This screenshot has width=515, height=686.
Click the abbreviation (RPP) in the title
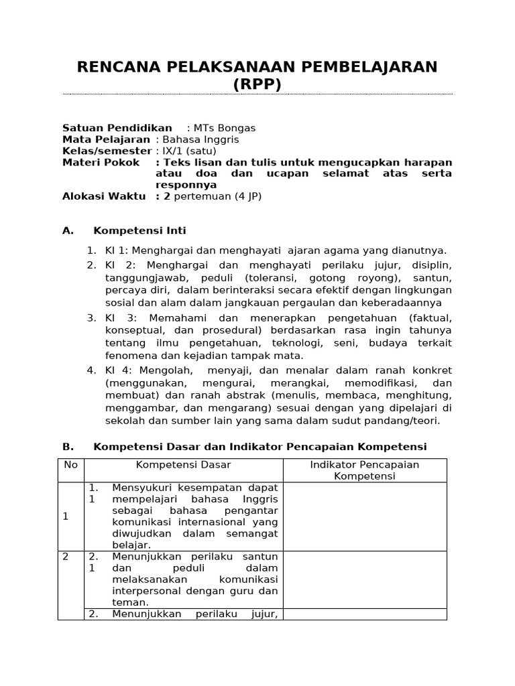pyautogui.click(x=257, y=84)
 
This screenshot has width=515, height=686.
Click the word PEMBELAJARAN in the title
pyautogui.click(x=362, y=66)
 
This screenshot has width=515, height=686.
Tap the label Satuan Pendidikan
pyautogui.click(x=117, y=128)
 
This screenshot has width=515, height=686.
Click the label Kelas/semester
pyautogui.click(x=107, y=151)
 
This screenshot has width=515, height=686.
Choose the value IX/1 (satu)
pyautogui.click(x=186, y=151)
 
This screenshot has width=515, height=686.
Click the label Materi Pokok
pyautogui.click(x=101, y=162)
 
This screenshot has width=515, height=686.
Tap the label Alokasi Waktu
pyautogui.click(x=104, y=196)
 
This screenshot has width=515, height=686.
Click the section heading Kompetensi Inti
pyautogui.click(x=139, y=230)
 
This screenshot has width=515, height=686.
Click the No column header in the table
pyautogui.click(x=70, y=464)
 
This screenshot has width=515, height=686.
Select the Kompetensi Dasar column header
pyautogui.click(x=183, y=464)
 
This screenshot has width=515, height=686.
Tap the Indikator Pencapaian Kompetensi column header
pyautogui.click(x=364, y=470)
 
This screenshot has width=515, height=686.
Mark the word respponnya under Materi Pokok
pyautogui.click(x=186, y=185)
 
